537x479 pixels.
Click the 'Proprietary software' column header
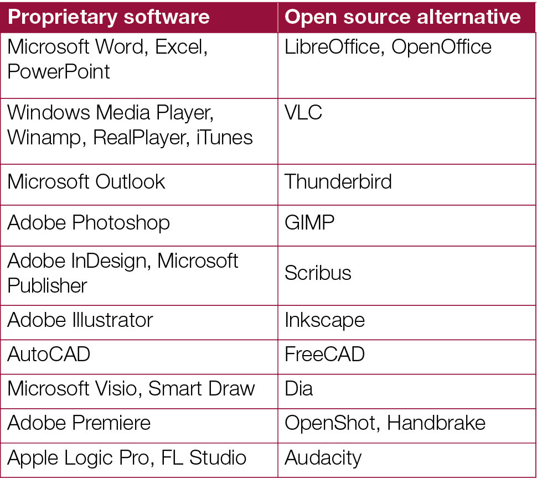(109, 17)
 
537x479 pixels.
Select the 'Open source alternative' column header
(402, 17)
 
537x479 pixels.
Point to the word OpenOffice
(441, 47)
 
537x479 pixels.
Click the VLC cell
(303, 113)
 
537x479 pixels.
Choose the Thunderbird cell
(338, 181)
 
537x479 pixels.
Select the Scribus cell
(318, 273)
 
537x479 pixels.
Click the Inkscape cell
(324, 320)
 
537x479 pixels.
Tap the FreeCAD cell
(324, 354)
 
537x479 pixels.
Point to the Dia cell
(298, 388)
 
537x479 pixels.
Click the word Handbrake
(436, 423)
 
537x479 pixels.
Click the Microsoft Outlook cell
(86, 181)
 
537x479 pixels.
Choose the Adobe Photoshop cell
(89, 222)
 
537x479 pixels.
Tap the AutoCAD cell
(49, 354)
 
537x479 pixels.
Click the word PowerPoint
(59, 71)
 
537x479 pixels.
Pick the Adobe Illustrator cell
(80, 320)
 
